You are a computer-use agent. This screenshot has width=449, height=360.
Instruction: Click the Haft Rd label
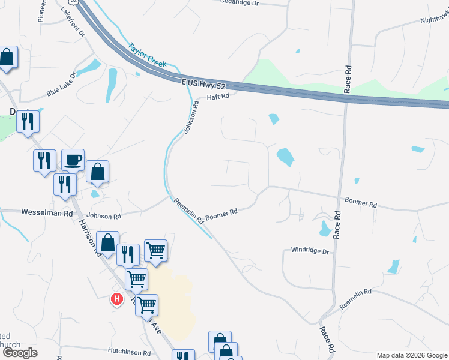[218, 97]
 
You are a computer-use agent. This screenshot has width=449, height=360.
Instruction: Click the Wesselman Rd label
[47, 212]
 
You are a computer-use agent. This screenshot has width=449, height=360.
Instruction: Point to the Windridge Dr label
[310, 251]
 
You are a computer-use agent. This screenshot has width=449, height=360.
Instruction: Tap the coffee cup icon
[73, 160]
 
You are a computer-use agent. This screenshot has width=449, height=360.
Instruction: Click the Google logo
[19, 353]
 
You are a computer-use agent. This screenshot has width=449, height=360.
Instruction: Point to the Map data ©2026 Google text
[411, 355]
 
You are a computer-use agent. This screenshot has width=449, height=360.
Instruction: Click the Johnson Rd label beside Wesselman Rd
[104, 216]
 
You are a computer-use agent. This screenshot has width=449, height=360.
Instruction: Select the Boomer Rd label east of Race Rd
[361, 202]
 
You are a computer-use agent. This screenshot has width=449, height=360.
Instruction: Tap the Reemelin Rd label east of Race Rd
[355, 299]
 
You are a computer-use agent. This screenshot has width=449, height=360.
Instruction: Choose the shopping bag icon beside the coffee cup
[97, 172]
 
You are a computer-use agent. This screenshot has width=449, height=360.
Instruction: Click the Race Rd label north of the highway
[348, 80]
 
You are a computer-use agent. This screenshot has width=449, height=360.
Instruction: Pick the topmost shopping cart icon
[155, 250]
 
